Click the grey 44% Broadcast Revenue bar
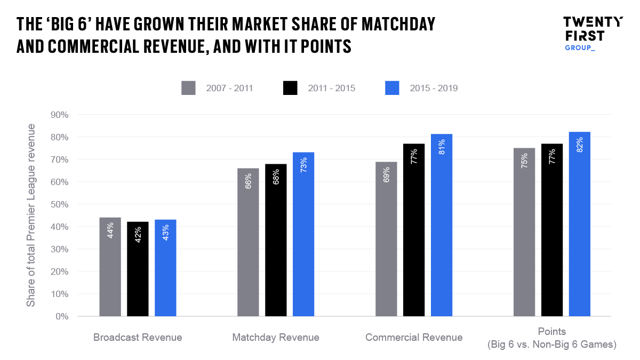coord(110,267)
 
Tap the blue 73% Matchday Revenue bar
coord(303,234)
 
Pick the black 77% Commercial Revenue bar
coord(414,230)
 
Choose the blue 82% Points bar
coord(579,224)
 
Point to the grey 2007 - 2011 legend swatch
coord(188,88)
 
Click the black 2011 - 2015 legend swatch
coord(290,88)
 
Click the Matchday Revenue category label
coord(276,338)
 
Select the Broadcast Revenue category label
coord(138,338)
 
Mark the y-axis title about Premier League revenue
coord(31,215)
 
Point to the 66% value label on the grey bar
coord(249,181)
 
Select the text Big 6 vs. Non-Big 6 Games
coord(551,345)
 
